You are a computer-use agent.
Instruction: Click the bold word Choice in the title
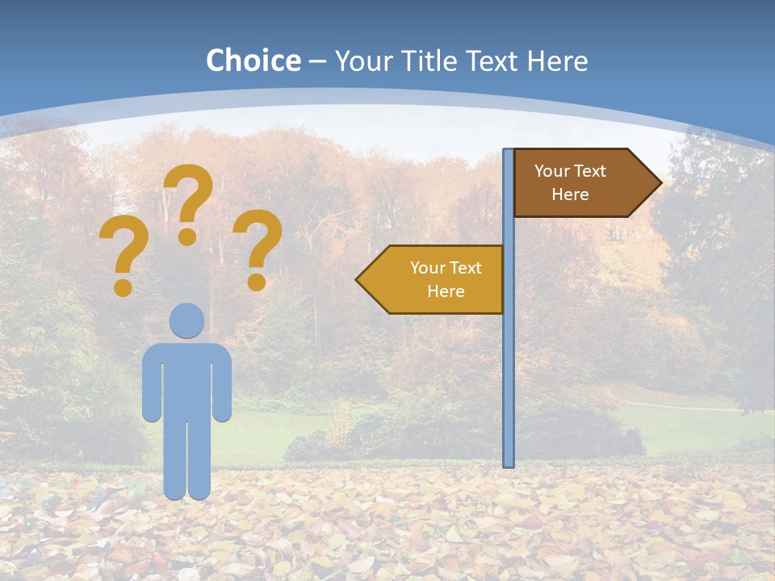(253, 61)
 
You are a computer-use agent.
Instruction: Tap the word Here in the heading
(557, 61)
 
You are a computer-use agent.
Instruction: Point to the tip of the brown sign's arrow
(660, 183)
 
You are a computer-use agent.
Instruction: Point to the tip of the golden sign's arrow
(358, 279)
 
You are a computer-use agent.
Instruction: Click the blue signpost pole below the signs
(509, 387)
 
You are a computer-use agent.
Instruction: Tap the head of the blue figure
(186, 320)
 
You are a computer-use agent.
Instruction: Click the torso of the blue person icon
(186, 379)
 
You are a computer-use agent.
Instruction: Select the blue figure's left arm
(152, 387)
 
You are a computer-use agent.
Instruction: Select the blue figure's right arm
(222, 387)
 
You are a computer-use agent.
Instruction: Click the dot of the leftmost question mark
(123, 286)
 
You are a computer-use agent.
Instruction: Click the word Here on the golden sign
(446, 291)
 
